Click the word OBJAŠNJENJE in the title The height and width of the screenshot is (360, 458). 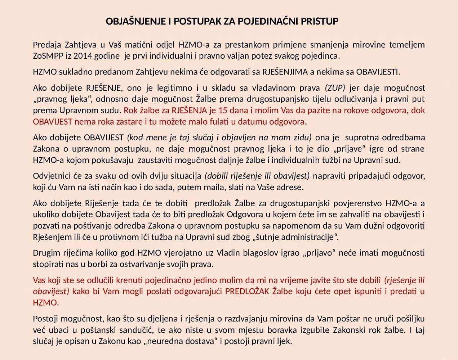pos(135,22)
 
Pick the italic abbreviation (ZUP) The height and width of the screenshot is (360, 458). pos(335,88)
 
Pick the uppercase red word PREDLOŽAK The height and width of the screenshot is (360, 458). pos(247,291)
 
